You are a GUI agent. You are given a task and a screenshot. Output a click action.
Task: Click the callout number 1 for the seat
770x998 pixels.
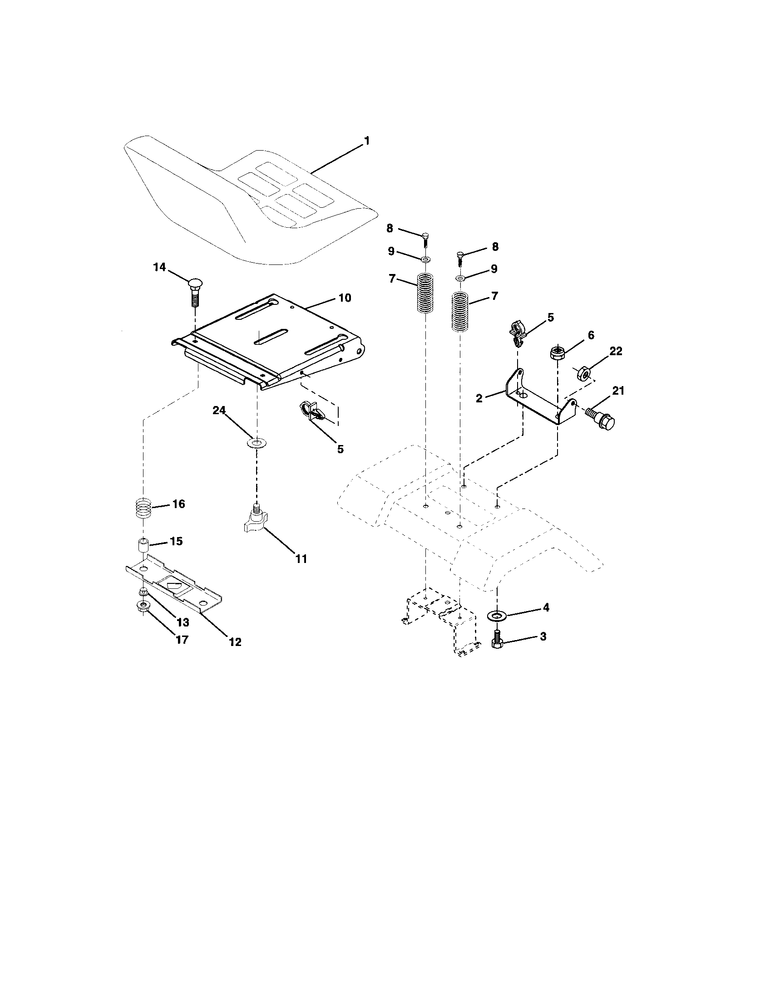(x=366, y=141)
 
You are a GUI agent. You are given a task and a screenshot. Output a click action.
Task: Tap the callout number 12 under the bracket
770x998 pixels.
(x=235, y=641)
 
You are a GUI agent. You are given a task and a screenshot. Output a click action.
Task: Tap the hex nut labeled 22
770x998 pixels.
(x=584, y=373)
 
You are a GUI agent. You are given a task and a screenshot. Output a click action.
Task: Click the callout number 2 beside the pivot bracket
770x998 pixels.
(x=479, y=398)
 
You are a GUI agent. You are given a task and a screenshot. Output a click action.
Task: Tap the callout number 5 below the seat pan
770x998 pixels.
(x=340, y=449)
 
